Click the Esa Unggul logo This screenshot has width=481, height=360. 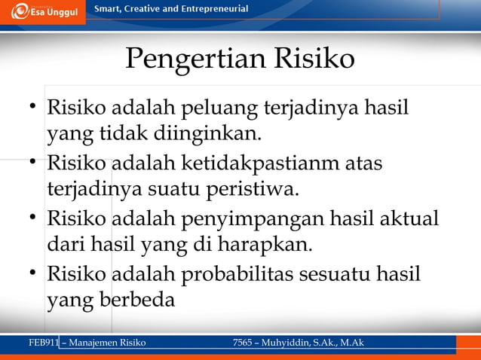point(43,11)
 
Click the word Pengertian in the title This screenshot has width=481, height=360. point(185,59)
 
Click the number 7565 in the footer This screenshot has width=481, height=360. point(246,343)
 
